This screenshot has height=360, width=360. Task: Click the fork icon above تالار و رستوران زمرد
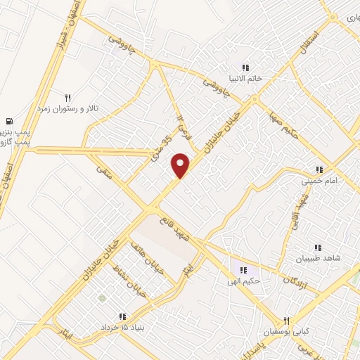click(68, 98)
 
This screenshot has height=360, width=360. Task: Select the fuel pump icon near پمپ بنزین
click(9, 121)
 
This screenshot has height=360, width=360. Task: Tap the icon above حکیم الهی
click(244, 270)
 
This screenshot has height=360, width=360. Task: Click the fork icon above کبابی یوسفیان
click(286, 319)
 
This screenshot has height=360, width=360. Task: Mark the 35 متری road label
click(161, 145)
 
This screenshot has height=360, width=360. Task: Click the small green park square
click(101, 299)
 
